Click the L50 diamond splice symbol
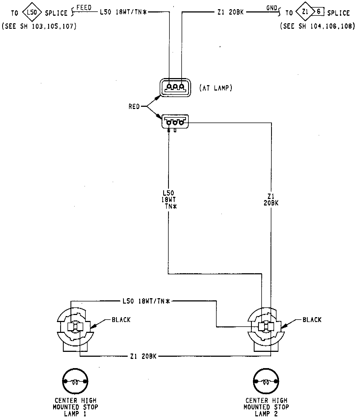pyautogui.click(x=32, y=12)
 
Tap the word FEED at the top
pyautogui.click(x=84, y=8)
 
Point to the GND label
pyautogui.click(x=272, y=8)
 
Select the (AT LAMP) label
pyautogui.click(x=216, y=88)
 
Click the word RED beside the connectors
pyautogui.click(x=134, y=107)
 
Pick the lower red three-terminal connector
pyautogui.click(x=175, y=122)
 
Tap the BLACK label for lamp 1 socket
pyautogui.click(x=121, y=320)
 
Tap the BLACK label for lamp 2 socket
pyautogui.click(x=312, y=320)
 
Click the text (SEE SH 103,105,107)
pyautogui.click(x=39, y=26)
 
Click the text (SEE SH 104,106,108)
pyautogui.click(x=317, y=26)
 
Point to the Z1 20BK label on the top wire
pyautogui.click(x=230, y=12)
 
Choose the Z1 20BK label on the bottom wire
pyautogui.click(x=143, y=356)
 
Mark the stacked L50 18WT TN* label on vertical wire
pyautogui.click(x=168, y=200)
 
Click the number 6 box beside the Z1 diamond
pyautogui.click(x=319, y=12)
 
